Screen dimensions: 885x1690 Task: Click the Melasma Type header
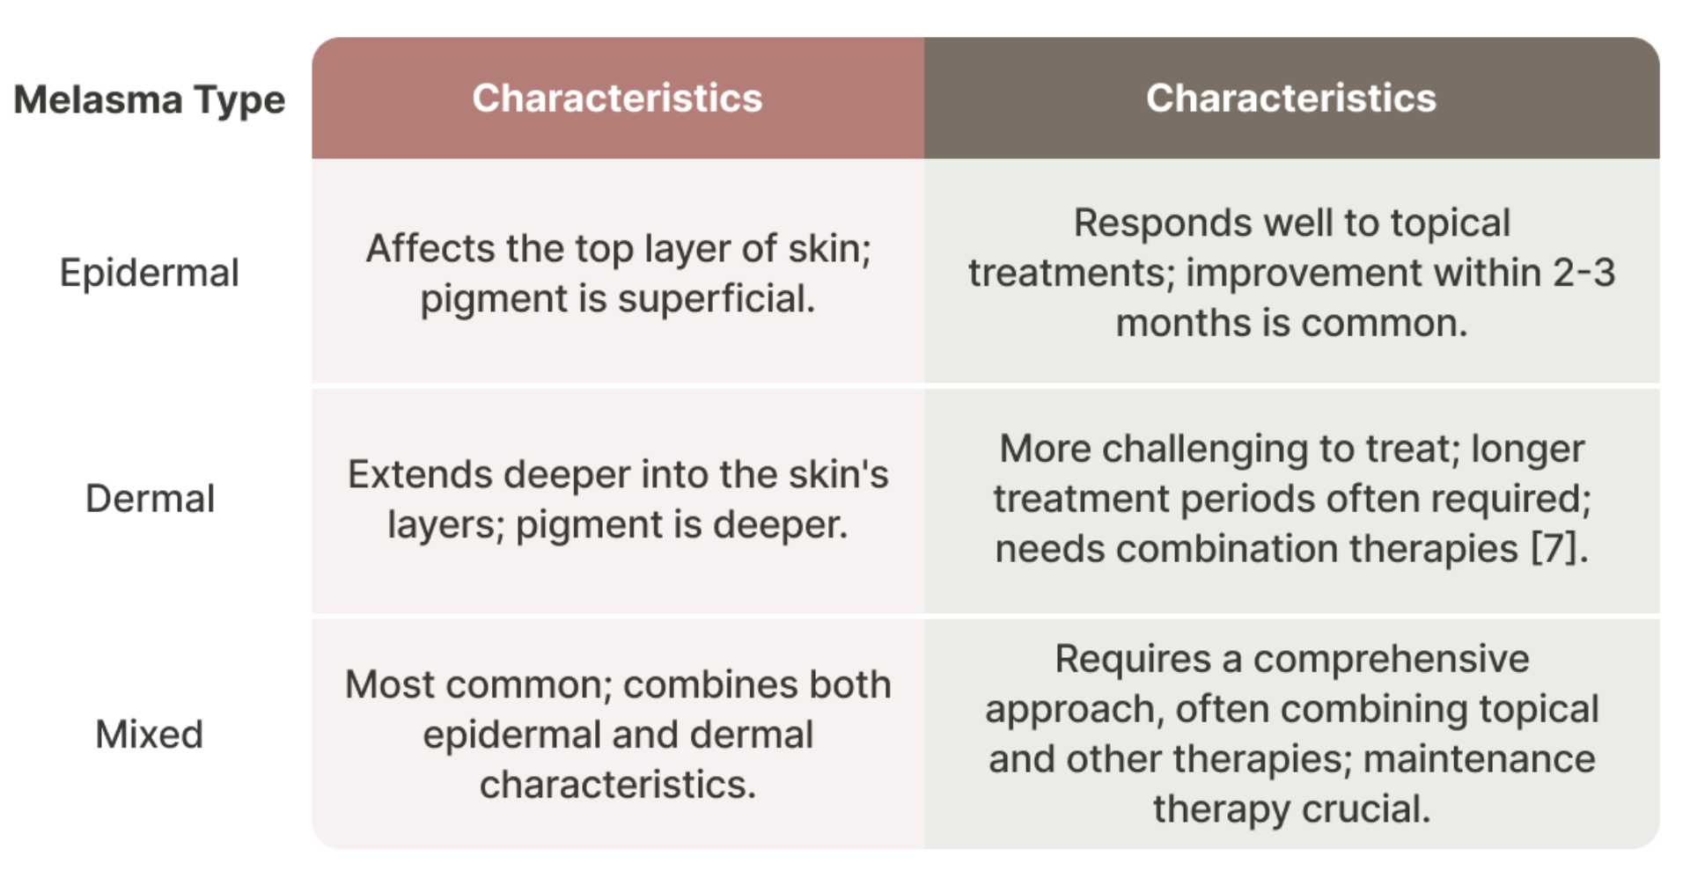[150, 99]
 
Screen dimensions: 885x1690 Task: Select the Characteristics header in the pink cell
[617, 98]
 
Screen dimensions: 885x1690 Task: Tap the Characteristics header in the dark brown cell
[1290, 98]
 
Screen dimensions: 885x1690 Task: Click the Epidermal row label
[150, 273]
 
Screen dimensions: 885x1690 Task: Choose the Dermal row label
[150, 499]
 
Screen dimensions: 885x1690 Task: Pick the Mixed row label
[150, 735]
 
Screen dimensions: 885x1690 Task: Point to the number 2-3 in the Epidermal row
[1583, 273]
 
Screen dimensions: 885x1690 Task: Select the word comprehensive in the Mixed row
[1391, 659]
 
